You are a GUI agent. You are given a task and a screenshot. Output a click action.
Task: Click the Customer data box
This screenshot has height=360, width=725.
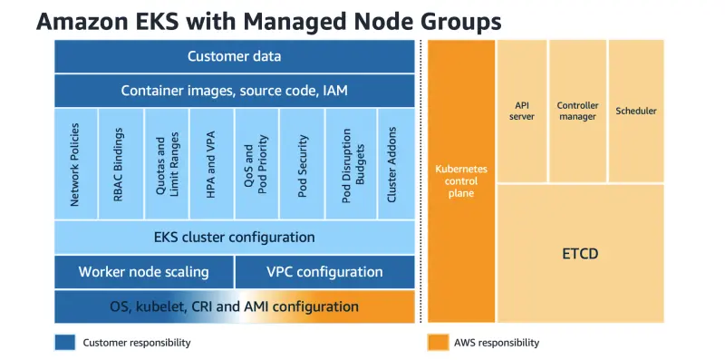click(x=235, y=56)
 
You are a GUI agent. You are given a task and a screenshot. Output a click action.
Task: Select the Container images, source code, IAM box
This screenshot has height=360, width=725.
click(x=235, y=91)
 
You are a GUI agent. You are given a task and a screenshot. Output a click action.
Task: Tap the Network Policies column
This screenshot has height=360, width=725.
click(x=76, y=164)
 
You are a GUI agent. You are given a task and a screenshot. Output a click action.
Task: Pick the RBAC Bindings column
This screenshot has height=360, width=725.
click(x=121, y=164)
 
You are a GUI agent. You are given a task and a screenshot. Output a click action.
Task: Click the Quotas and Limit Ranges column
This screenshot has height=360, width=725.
click(x=167, y=164)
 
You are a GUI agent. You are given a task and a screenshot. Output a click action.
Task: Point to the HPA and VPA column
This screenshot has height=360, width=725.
click(x=211, y=164)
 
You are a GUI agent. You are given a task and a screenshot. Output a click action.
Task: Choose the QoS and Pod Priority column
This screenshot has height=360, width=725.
click(x=256, y=164)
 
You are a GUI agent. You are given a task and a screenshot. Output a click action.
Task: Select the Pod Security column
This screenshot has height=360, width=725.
click(x=302, y=164)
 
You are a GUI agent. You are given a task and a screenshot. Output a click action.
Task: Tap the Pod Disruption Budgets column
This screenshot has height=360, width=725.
click(x=352, y=164)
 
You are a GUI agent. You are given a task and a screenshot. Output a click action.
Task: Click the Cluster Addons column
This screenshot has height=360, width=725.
click(x=396, y=164)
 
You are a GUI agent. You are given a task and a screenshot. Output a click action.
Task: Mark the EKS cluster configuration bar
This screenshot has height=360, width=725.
click(x=235, y=238)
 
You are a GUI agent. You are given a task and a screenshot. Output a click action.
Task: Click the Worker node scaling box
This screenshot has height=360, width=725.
click(x=144, y=272)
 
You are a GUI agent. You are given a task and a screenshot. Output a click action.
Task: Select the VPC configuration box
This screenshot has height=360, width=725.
click(x=325, y=272)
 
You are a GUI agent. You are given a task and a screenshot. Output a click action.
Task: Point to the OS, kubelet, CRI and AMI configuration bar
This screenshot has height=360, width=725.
click(x=235, y=306)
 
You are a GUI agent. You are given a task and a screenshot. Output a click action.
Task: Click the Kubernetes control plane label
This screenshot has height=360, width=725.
click(x=461, y=181)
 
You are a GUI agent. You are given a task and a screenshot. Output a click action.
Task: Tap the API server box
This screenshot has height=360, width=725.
click(x=522, y=111)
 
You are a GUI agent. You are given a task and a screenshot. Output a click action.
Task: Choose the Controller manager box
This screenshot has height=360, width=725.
click(x=577, y=111)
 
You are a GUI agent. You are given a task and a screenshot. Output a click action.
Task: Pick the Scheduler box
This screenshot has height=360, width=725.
click(x=636, y=111)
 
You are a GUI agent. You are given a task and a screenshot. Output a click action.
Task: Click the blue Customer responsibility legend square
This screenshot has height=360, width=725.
click(x=64, y=343)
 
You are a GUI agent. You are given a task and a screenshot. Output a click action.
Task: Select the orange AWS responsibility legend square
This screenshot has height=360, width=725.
click(x=438, y=343)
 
